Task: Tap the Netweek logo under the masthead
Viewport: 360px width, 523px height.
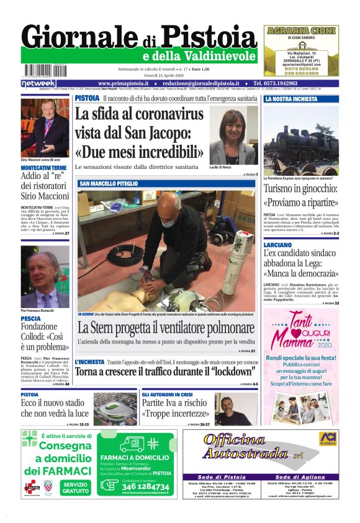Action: [x=38, y=83]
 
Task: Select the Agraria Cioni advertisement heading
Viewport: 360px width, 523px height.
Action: [x=301, y=30]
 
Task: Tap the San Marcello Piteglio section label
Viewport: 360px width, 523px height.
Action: [x=109, y=184]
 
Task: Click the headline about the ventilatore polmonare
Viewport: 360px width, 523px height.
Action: [x=166, y=329]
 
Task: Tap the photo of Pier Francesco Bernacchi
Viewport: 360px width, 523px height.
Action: [x=45, y=276]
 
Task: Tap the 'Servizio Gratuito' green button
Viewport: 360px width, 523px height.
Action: [x=75, y=488]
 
